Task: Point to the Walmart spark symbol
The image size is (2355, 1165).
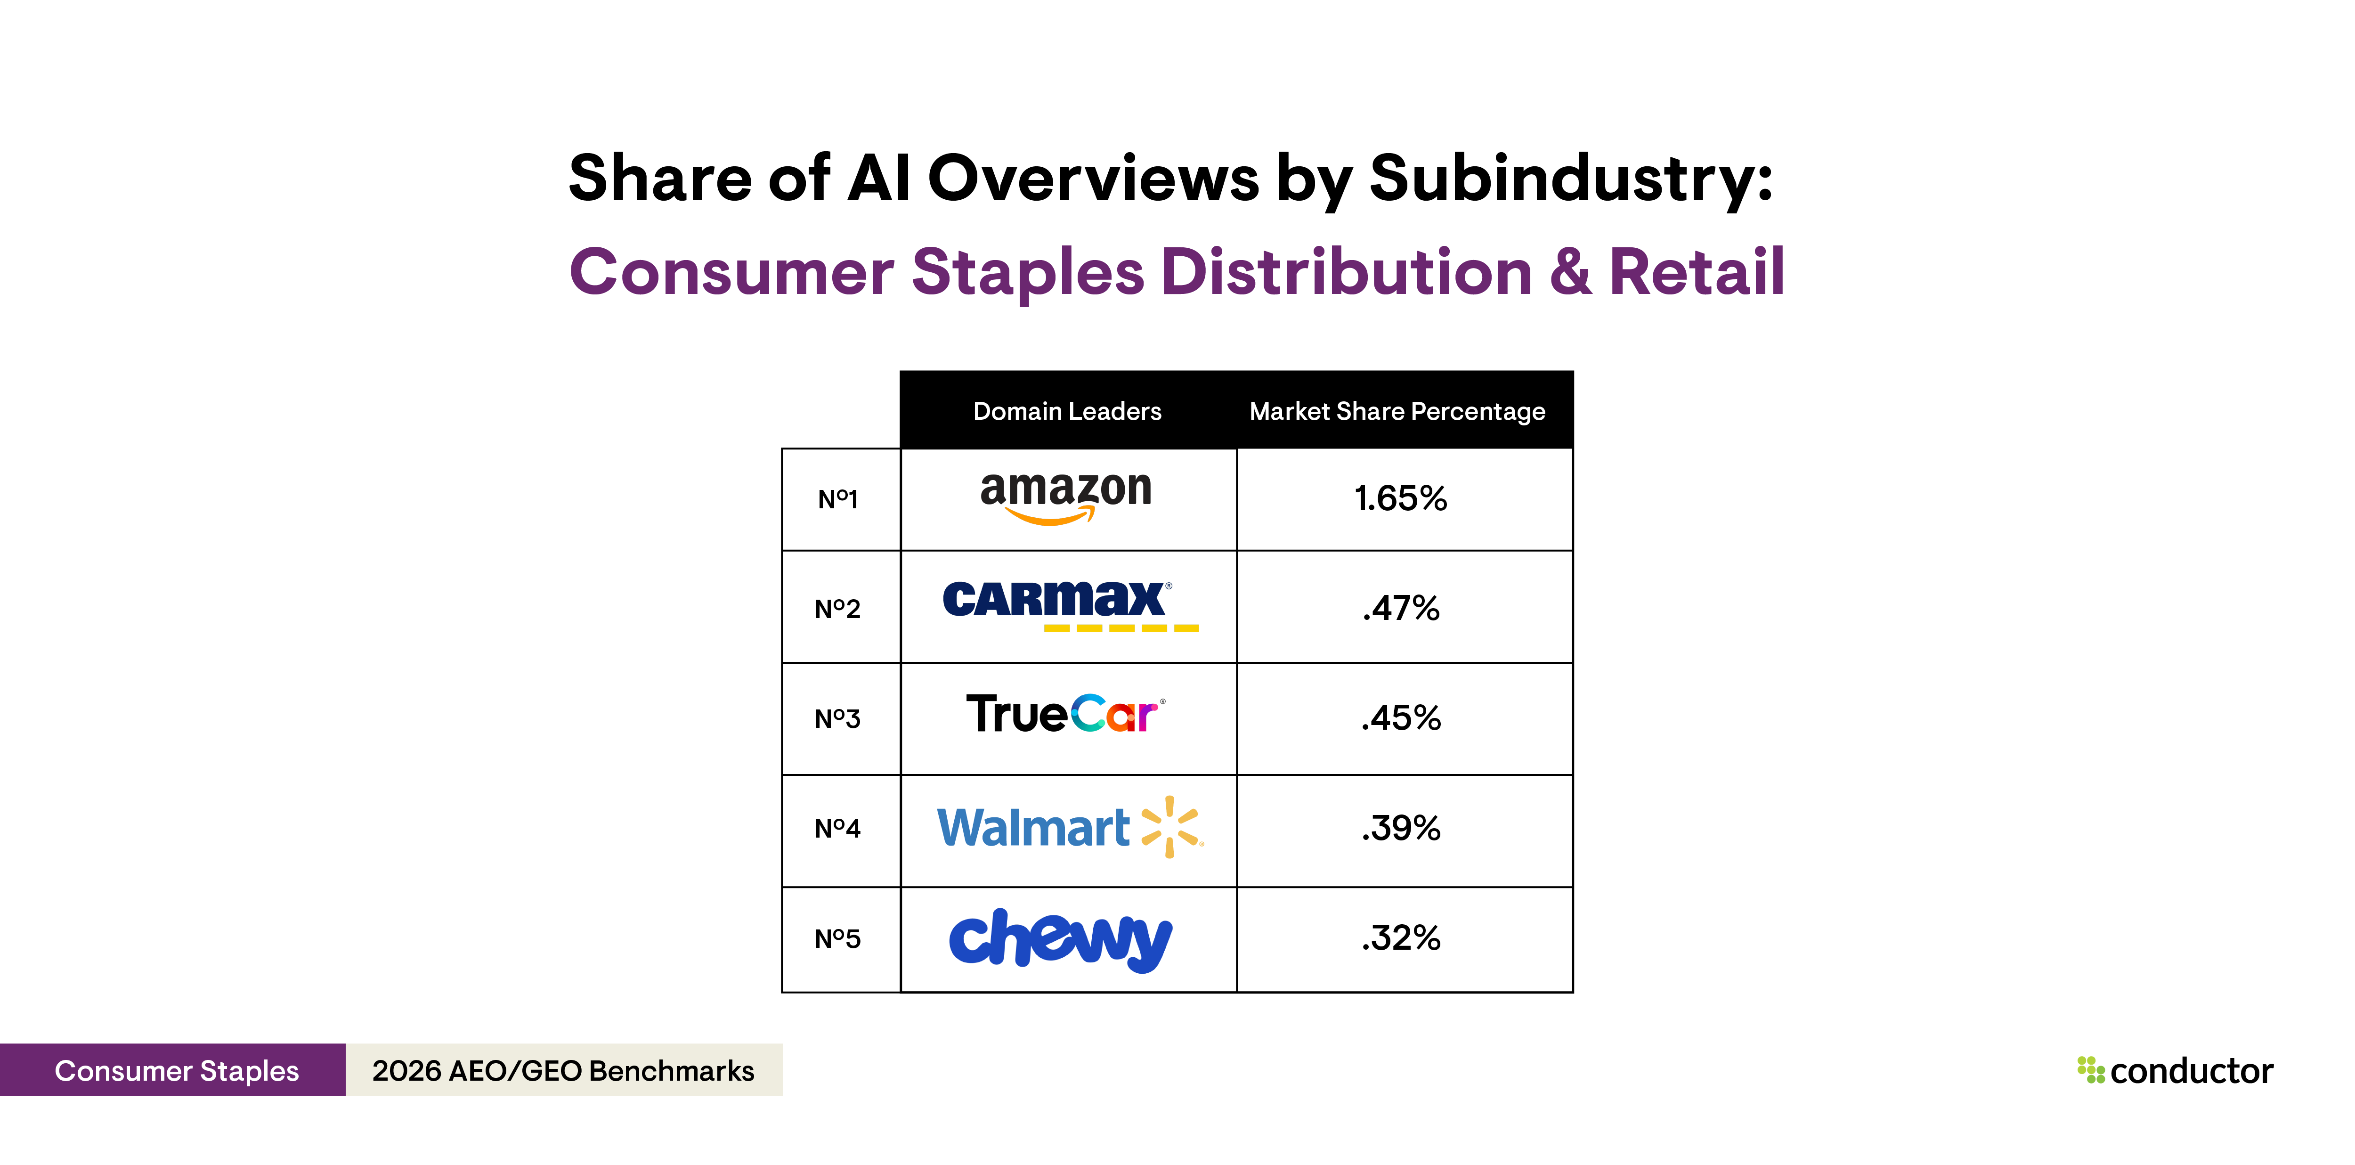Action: tap(1171, 827)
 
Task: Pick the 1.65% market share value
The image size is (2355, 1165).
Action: tap(1401, 498)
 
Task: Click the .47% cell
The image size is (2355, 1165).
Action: tap(1401, 608)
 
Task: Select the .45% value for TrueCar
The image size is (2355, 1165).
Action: tap(1401, 718)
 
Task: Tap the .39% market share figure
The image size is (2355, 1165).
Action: tap(1401, 828)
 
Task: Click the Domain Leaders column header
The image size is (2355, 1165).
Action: tap(1067, 412)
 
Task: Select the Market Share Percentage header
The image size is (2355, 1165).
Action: tap(1397, 412)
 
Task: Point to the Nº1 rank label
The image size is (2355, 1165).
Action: tap(837, 499)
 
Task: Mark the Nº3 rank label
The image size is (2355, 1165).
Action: tap(837, 719)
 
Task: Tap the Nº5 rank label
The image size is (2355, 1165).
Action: tap(837, 939)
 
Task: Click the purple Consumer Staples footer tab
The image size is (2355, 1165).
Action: tap(177, 1070)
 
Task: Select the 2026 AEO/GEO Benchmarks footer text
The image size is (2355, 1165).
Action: tap(563, 1070)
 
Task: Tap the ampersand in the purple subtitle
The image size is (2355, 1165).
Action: tap(1570, 272)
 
